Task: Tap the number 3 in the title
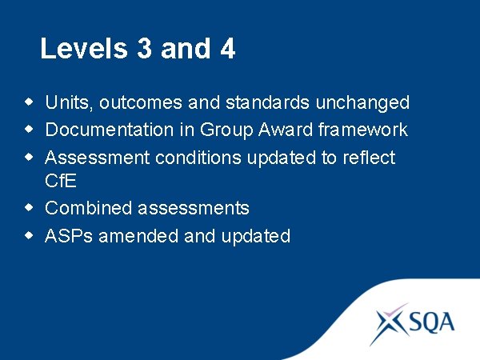[x=144, y=49]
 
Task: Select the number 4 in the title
[x=226, y=49]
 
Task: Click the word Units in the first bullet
[x=70, y=102]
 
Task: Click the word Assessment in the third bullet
[x=98, y=158]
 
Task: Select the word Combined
[x=89, y=208]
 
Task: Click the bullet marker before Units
[x=30, y=102]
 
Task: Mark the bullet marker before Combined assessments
[x=30, y=208]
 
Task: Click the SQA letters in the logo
[x=433, y=322]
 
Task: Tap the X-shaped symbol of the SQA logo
[x=391, y=323]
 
